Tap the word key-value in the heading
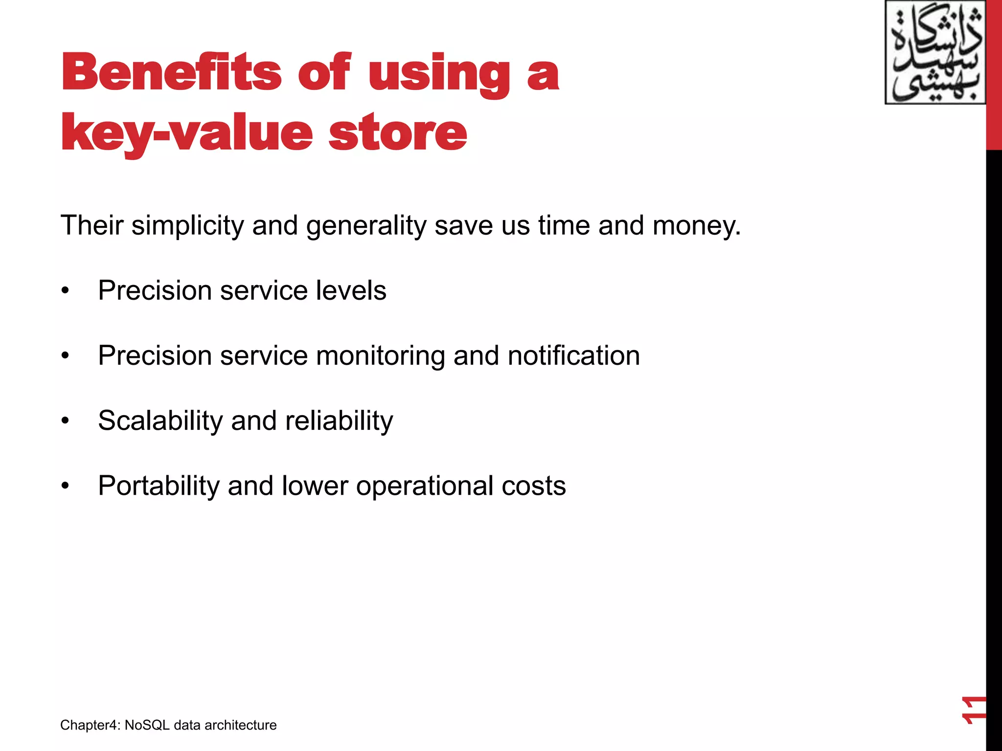point(186,133)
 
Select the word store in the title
point(397,133)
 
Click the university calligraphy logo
point(935,53)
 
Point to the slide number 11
point(973,710)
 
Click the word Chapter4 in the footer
point(90,725)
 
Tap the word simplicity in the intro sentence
point(187,226)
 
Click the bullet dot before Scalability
point(66,421)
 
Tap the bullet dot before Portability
point(66,486)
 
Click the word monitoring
point(380,356)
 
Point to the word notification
point(573,355)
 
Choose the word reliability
point(339,421)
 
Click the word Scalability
point(160,421)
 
